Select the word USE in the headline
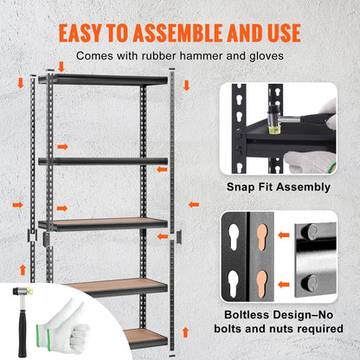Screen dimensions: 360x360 click(280, 34)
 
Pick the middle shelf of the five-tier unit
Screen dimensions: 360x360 click(113, 223)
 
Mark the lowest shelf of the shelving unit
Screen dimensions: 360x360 click(144, 335)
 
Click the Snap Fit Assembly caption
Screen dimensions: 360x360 click(279, 186)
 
